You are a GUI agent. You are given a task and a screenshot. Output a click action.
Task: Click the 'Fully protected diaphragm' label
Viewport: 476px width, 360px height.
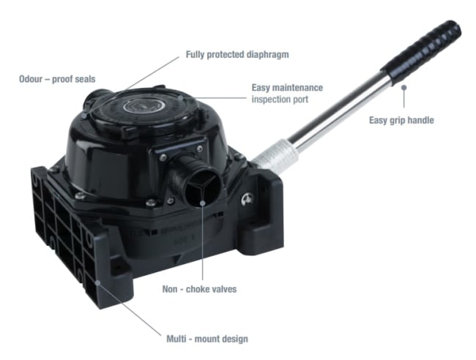(x=237, y=55)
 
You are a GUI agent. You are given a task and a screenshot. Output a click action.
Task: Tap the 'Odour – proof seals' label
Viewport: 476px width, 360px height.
(x=57, y=79)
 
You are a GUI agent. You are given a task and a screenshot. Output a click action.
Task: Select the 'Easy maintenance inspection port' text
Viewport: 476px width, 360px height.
(x=287, y=94)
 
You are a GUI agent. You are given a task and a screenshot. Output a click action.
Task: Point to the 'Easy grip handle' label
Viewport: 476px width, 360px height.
(x=401, y=121)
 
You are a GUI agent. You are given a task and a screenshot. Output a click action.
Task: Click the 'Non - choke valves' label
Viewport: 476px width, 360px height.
(x=199, y=289)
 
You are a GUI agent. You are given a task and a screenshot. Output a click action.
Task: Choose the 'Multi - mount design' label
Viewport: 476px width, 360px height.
(x=207, y=339)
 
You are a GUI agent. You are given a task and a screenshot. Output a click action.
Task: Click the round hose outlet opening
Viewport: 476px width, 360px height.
(x=203, y=188)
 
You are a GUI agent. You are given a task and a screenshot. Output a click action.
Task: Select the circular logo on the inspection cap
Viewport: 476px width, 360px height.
(x=144, y=106)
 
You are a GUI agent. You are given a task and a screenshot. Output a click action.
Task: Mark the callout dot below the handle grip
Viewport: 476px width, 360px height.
(x=404, y=88)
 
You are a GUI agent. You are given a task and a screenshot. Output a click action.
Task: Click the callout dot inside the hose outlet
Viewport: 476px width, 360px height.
(x=203, y=203)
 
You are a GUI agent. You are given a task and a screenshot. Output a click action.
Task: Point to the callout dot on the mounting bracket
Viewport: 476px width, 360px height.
(x=97, y=282)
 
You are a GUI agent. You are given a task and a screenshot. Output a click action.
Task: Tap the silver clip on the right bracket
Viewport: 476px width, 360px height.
(x=248, y=200)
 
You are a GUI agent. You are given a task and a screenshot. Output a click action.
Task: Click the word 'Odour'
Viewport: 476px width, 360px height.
(x=31, y=79)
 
